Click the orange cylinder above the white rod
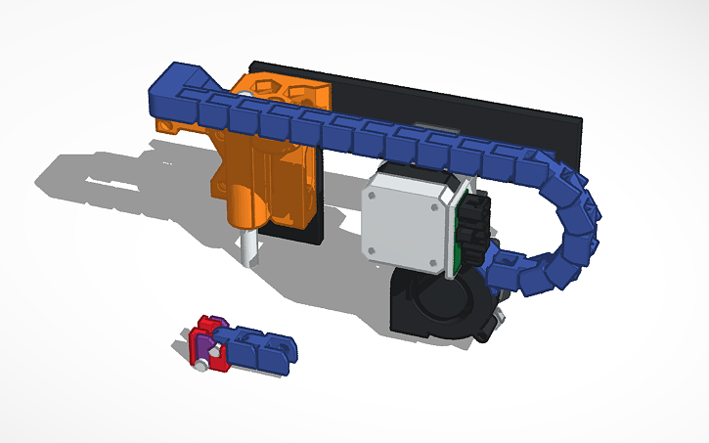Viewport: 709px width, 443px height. pos(246,205)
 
